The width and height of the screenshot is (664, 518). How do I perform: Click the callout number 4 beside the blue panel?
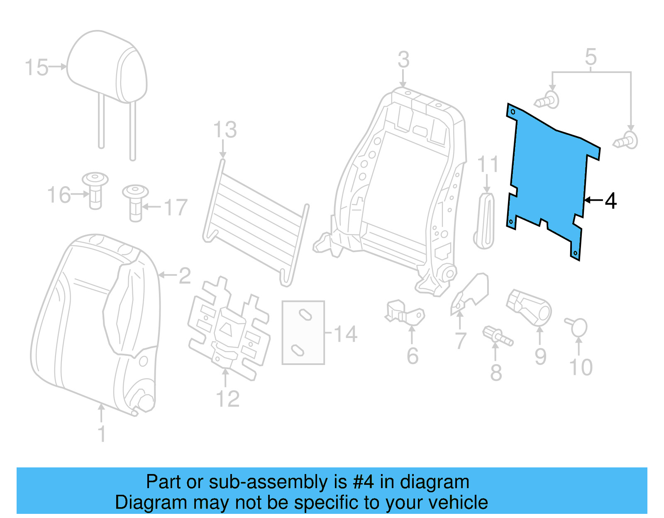pyautogui.click(x=610, y=201)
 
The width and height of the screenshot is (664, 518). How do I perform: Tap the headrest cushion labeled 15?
pyautogui.click(x=107, y=66)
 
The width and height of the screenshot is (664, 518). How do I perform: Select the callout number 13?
pyautogui.click(x=225, y=130)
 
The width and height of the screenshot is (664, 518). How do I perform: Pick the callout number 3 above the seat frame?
pyautogui.click(x=403, y=60)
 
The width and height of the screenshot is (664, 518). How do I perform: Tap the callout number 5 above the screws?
pyautogui.click(x=591, y=57)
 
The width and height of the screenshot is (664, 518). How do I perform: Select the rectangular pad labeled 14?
pyautogui.click(x=303, y=332)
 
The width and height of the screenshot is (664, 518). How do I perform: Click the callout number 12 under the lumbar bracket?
pyautogui.click(x=228, y=399)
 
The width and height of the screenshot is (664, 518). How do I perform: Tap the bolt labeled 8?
pyautogui.click(x=497, y=336)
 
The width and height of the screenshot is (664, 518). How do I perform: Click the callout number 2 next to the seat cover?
pyautogui.click(x=185, y=276)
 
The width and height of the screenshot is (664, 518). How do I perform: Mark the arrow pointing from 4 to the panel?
pyautogui.click(x=593, y=200)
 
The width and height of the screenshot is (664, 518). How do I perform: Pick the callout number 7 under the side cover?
pyautogui.click(x=461, y=341)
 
